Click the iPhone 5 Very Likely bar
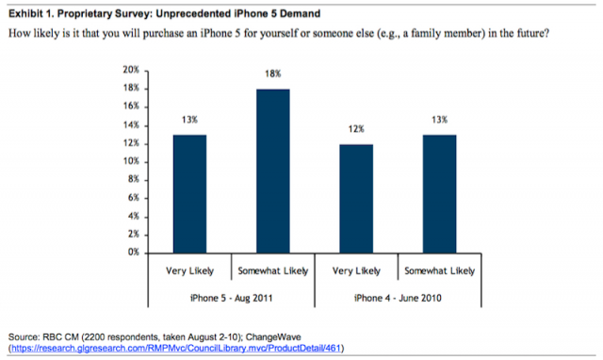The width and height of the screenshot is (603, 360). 189,194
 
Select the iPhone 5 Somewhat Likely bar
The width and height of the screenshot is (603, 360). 273,172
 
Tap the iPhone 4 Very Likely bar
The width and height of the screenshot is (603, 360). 356,199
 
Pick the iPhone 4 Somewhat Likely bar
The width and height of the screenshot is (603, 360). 440,194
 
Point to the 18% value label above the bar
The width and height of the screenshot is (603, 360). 272,74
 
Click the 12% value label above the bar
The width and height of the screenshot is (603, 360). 356,129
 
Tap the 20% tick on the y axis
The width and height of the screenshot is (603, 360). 131,70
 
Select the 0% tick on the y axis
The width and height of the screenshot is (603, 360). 134,253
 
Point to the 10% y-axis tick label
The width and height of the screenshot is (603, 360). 131,161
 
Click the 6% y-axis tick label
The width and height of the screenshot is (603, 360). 134,198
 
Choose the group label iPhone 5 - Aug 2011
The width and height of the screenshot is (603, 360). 232,298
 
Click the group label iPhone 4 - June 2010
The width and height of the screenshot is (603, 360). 398,298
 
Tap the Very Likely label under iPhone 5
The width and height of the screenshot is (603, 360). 189,271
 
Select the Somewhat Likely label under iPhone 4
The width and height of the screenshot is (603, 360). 440,271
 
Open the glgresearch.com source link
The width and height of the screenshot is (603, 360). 176,349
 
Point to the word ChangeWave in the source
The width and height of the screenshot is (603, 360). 273,337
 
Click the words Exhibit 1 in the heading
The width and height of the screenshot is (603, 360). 31,14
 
